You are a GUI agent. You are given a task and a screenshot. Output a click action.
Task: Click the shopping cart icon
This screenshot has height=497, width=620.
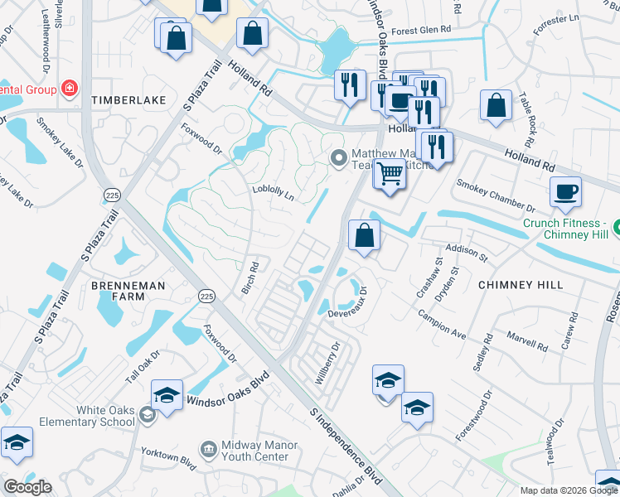[x=389, y=175]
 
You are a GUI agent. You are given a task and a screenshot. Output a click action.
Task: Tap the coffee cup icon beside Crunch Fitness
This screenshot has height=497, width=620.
[x=565, y=192]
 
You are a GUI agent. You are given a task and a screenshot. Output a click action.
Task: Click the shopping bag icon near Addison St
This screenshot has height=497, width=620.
[x=364, y=235]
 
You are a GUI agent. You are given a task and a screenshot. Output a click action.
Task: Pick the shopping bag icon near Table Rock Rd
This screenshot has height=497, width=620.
[x=496, y=107]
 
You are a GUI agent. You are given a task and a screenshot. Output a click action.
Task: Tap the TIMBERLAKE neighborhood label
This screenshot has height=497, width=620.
[x=128, y=100]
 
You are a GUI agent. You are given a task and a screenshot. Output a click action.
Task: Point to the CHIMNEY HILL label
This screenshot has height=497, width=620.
[x=521, y=285]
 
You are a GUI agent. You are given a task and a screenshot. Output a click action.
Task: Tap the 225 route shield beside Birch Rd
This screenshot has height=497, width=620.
[x=207, y=296]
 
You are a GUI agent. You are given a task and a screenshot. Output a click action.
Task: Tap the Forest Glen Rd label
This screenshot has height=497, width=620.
[x=422, y=31]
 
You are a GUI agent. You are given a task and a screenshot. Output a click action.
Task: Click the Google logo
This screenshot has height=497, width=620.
[x=27, y=487]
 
